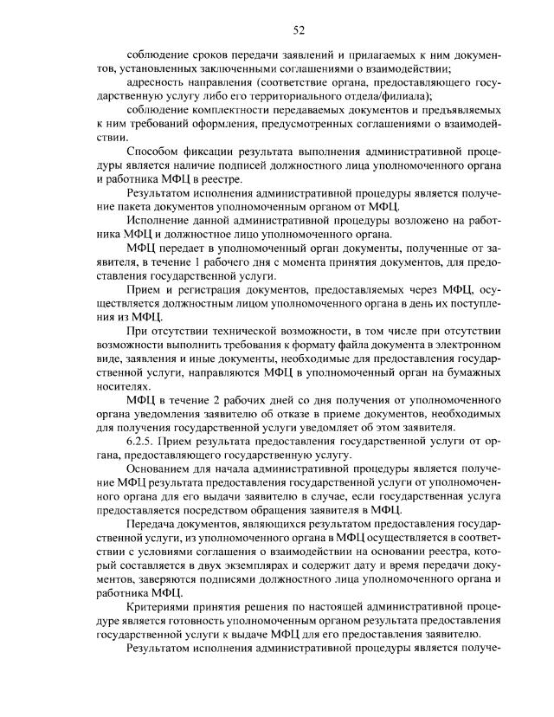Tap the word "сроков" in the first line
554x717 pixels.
[206, 55]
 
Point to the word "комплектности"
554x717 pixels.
[229, 112]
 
